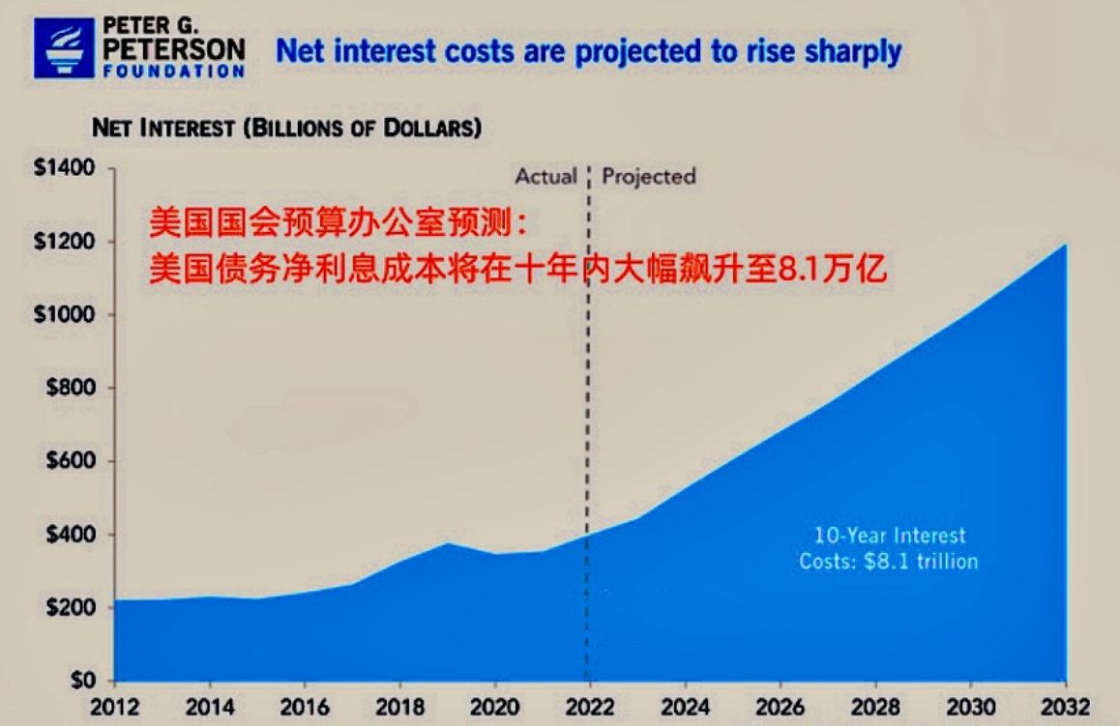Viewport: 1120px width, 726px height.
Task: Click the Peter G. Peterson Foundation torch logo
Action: tap(65, 47)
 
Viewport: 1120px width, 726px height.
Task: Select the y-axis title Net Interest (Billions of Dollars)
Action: tap(286, 128)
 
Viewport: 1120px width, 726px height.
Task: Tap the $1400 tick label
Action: tap(65, 168)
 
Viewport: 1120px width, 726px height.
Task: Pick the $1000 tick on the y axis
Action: tap(65, 315)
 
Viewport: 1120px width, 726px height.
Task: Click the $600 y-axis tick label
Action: tap(70, 461)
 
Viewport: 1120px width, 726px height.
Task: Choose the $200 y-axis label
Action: tap(70, 608)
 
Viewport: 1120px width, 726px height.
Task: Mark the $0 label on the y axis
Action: tap(79, 681)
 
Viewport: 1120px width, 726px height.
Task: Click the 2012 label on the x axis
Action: tap(114, 706)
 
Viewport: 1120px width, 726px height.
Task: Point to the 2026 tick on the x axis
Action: tap(779, 706)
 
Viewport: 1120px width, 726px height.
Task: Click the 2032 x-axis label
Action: tap(1065, 706)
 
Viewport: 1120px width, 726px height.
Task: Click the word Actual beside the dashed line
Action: tap(545, 177)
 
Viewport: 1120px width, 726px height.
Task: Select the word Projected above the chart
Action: tap(649, 177)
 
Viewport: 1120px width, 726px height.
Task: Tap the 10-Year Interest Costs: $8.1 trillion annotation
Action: tap(888, 548)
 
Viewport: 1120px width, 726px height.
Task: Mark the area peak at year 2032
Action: tap(1066, 245)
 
